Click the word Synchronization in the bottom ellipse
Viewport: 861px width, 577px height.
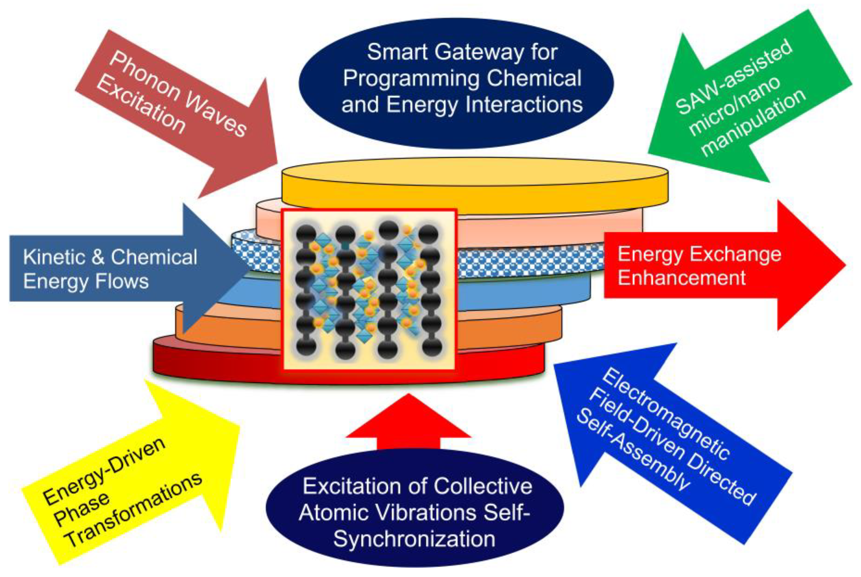[414, 539]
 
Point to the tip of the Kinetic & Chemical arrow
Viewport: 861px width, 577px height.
[249, 269]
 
